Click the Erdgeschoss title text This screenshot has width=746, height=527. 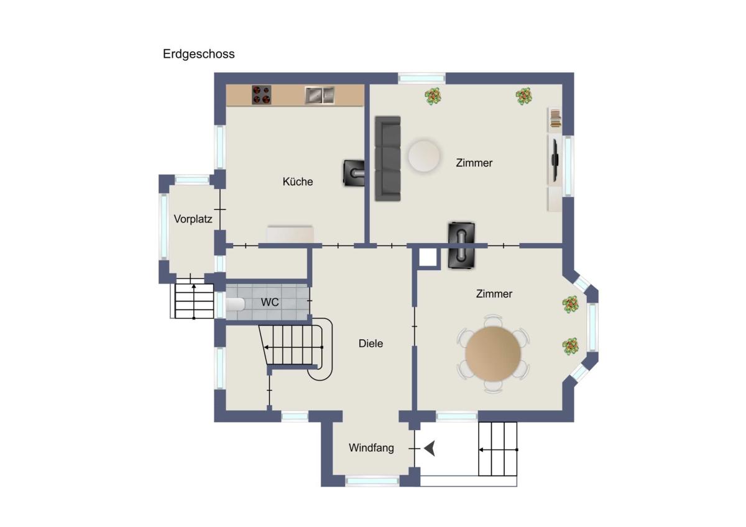[x=198, y=54]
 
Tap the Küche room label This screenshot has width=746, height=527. [x=298, y=181]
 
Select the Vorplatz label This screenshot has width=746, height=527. [x=193, y=219]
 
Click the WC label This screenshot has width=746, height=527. [x=270, y=302]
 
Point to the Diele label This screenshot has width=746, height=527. [x=371, y=344]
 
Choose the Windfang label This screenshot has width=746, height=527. [x=371, y=448]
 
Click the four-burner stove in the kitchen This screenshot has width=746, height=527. [x=262, y=95]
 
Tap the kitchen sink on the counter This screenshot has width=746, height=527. [x=320, y=95]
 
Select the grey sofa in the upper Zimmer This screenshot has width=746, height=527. [x=388, y=158]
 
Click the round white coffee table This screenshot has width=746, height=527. [x=424, y=156]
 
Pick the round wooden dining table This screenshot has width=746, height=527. [x=493, y=354]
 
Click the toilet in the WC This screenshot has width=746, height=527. [x=236, y=305]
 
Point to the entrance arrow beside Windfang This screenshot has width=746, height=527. [x=430, y=449]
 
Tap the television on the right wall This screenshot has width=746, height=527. [x=555, y=160]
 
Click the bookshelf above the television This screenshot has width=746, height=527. [x=555, y=118]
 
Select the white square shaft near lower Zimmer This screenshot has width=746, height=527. [x=428, y=257]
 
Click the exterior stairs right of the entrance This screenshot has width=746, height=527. [x=497, y=449]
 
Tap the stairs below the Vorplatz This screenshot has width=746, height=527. [x=194, y=301]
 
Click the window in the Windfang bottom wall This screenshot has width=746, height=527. [x=372, y=481]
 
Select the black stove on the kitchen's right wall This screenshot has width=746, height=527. [x=354, y=173]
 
